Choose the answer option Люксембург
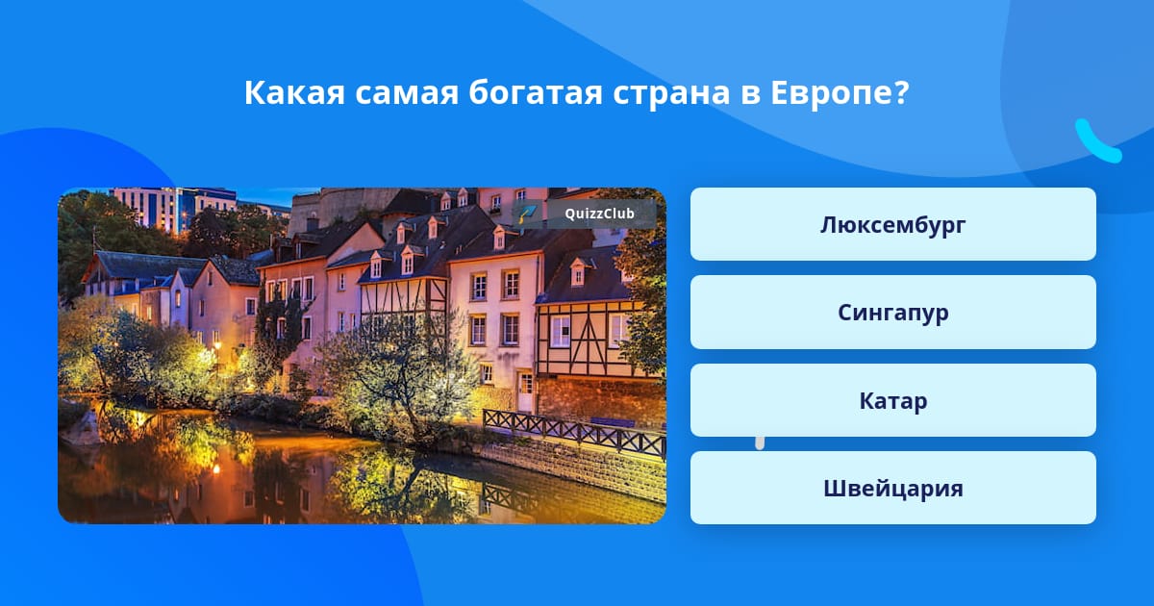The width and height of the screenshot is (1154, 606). coord(892,224)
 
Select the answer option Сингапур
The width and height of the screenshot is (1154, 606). coord(892,313)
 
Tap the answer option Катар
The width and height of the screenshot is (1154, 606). coord(892,400)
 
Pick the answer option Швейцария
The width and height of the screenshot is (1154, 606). coord(892,488)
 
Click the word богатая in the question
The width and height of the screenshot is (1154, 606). coord(536,92)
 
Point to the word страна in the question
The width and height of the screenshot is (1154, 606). coord(671,95)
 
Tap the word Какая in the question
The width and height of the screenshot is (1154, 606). coord(294,93)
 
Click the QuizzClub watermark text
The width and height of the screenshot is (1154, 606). coord(599,214)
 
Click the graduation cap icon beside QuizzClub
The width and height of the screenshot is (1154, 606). coord(527,214)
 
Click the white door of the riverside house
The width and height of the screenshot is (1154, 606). coord(525,391)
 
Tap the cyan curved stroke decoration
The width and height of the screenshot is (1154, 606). coord(1097,141)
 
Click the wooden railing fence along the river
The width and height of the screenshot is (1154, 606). coord(574,432)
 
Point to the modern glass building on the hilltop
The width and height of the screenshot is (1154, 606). coord(175,209)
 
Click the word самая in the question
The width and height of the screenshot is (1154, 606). coord(407,95)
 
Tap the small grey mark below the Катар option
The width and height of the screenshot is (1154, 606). coord(760,443)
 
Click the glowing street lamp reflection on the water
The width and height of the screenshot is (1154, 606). coord(216,469)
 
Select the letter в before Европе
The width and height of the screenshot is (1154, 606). coord(751,95)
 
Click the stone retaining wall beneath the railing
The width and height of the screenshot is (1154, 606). coord(572,469)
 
